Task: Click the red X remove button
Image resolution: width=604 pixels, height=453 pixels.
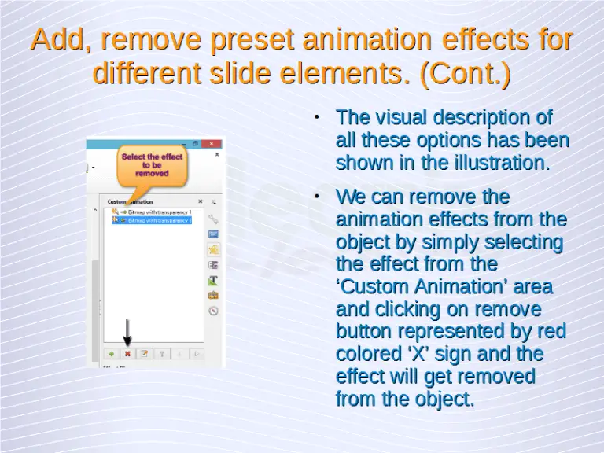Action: (127, 354)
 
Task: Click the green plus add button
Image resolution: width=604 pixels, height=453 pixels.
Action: (111, 354)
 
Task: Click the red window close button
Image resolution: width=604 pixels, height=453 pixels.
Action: (212, 145)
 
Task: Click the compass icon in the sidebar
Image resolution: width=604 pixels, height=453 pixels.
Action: (212, 311)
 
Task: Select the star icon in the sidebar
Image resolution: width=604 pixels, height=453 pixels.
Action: (212, 250)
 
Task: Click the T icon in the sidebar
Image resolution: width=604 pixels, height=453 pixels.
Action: (212, 280)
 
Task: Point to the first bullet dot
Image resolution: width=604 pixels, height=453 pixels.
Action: (315, 118)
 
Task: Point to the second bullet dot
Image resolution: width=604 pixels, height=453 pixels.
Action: (315, 197)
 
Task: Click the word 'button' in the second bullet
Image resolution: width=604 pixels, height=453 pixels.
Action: (366, 331)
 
